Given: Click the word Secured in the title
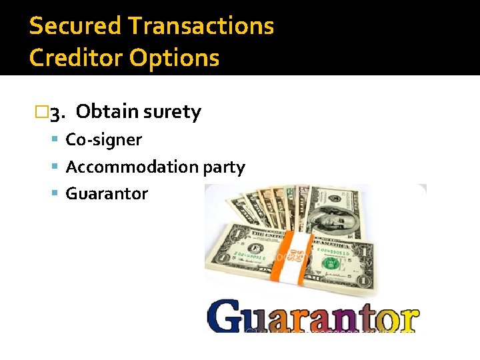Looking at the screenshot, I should click(x=75, y=26).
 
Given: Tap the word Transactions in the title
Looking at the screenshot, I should click(x=201, y=26).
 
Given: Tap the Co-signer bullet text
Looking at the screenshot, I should click(x=103, y=139).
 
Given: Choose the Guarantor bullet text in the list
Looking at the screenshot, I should click(x=107, y=194).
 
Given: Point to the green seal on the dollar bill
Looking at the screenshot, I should click(x=330, y=264).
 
